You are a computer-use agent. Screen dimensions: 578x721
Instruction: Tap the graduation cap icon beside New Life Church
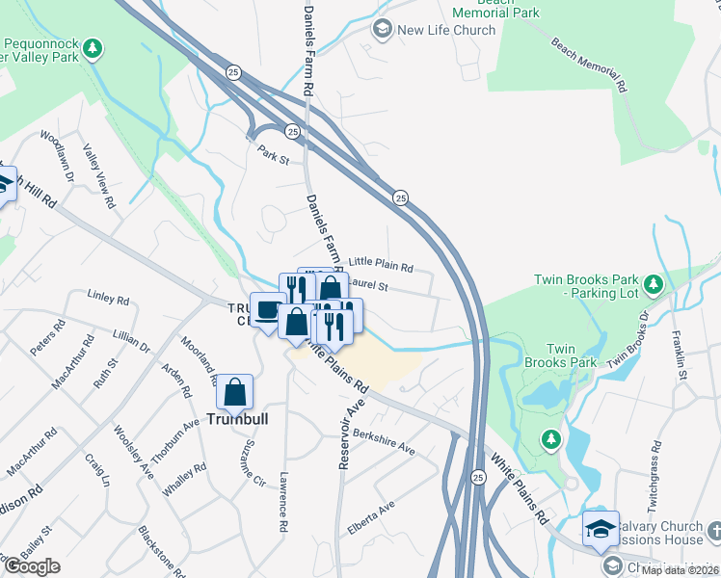pyautogui.click(x=383, y=30)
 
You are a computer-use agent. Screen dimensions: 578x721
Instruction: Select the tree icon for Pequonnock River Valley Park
pyautogui.click(x=93, y=47)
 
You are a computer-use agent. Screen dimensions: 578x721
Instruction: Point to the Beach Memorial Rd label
pyautogui.click(x=589, y=65)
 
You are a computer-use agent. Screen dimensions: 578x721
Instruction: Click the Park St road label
pyautogui.click(x=273, y=153)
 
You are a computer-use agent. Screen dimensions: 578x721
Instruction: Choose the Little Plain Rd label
pyautogui.click(x=380, y=264)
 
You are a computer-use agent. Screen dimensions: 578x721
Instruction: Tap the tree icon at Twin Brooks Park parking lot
pyautogui.click(x=654, y=283)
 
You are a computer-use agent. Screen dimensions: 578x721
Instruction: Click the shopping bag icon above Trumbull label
pyautogui.click(x=234, y=392)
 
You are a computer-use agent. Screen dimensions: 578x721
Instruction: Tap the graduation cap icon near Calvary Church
pyautogui.click(x=600, y=528)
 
